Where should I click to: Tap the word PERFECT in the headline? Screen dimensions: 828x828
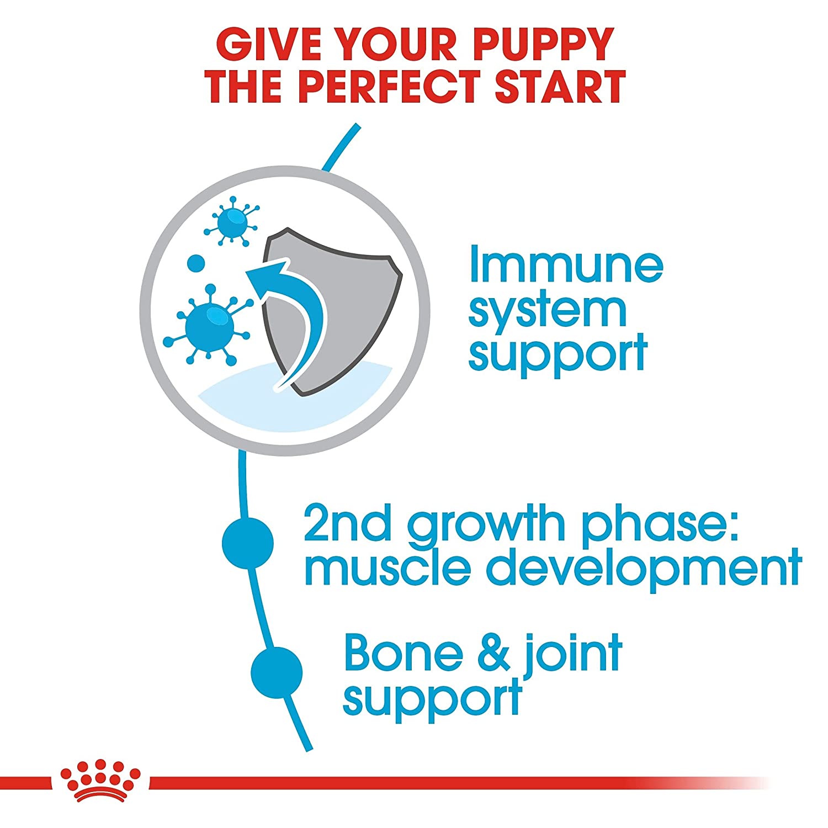point(392,87)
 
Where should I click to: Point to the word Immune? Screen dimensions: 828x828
point(566,266)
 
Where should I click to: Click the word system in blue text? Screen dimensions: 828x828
point(548,310)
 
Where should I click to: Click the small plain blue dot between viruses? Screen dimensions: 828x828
point(196,263)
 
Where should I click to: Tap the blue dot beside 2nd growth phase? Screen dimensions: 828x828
point(247,543)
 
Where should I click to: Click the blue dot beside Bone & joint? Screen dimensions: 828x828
point(276,672)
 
